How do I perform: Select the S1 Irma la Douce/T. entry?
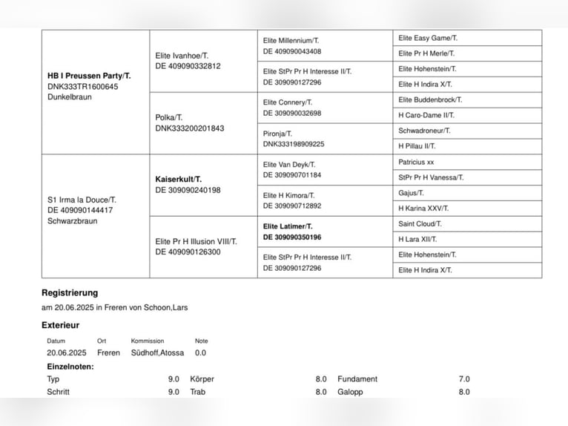[x=82, y=200]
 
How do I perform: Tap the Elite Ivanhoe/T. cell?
[x=182, y=56]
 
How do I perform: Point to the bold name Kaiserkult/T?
[x=178, y=179]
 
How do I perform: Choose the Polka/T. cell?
[x=169, y=117]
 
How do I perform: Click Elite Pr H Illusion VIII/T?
[x=197, y=241]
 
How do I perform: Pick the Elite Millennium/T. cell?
[x=291, y=40]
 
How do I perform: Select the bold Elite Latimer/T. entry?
[x=288, y=226]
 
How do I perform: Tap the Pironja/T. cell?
[x=277, y=134]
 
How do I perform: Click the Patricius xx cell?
[x=416, y=162]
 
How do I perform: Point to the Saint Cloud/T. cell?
[x=420, y=223]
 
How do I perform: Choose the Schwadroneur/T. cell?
[x=424, y=131]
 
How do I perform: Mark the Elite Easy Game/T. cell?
[x=428, y=38]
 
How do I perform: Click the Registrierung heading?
[x=70, y=293]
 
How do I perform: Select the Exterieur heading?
[x=60, y=325]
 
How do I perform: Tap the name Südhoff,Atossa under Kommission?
[x=157, y=353]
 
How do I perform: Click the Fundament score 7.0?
[x=463, y=379]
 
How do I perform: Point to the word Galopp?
[x=350, y=392]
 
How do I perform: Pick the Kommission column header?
[x=147, y=341]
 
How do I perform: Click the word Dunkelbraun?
[x=70, y=97]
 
